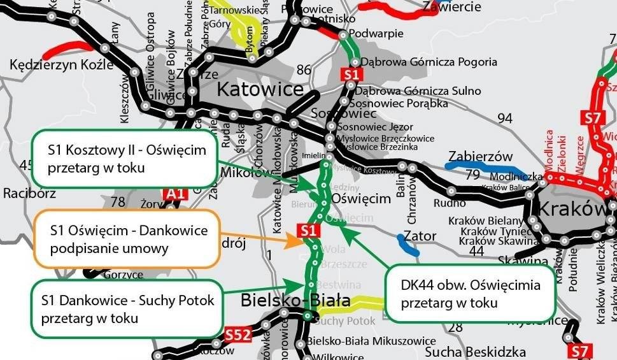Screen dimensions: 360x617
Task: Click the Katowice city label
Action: pyautogui.click(x=260, y=89)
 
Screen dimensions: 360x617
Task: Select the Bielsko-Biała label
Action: pyautogui.click(x=295, y=299)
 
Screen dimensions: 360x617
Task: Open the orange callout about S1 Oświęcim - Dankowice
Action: pyautogui.click(x=127, y=238)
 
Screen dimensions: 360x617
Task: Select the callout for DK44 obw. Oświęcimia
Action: pyautogui.click(x=470, y=293)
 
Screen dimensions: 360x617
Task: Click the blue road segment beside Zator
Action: pyautogui.click(x=408, y=245)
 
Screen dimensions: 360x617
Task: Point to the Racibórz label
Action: pyautogui.click(x=29, y=192)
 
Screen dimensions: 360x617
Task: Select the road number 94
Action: pyautogui.click(x=505, y=119)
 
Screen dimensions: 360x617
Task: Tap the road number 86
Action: pyautogui.click(x=304, y=69)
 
